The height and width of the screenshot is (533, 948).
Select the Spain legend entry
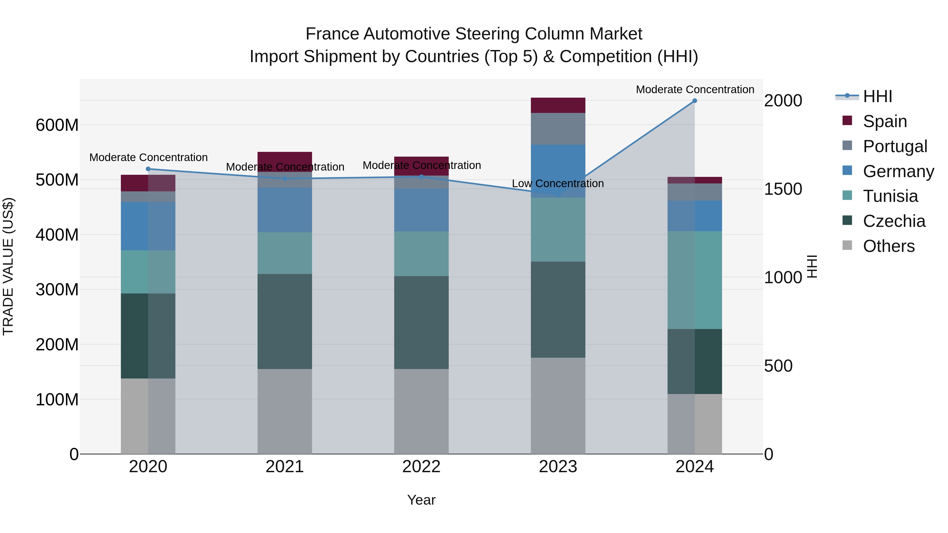(x=884, y=121)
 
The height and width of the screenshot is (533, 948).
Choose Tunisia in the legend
(x=890, y=196)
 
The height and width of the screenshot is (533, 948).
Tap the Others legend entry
(x=888, y=246)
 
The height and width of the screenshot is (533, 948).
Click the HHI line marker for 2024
(x=694, y=101)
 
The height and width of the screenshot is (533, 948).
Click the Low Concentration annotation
(x=557, y=183)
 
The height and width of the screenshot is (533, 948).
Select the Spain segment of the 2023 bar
(x=558, y=106)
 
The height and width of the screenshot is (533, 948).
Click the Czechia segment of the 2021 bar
(x=284, y=321)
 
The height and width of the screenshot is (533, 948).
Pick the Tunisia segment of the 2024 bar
(x=694, y=280)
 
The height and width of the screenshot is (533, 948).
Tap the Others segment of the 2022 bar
(x=421, y=411)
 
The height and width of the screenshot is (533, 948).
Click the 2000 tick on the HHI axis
(x=783, y=101)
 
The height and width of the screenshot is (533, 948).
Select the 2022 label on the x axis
(x=421, y=467)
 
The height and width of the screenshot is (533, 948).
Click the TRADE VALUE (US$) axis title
(x=8, y=266)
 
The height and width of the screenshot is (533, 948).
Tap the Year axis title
(x=421, y=500)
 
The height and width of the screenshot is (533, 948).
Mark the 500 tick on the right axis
(x=778, y=366)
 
